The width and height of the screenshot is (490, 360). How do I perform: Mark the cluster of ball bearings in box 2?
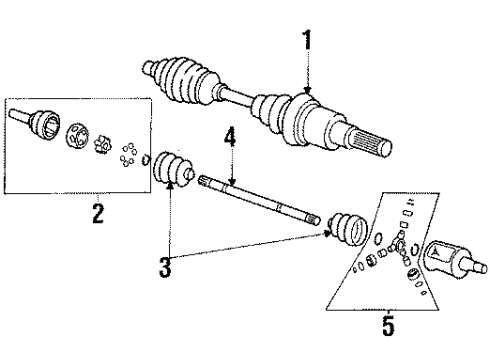(x=126, y=155)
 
